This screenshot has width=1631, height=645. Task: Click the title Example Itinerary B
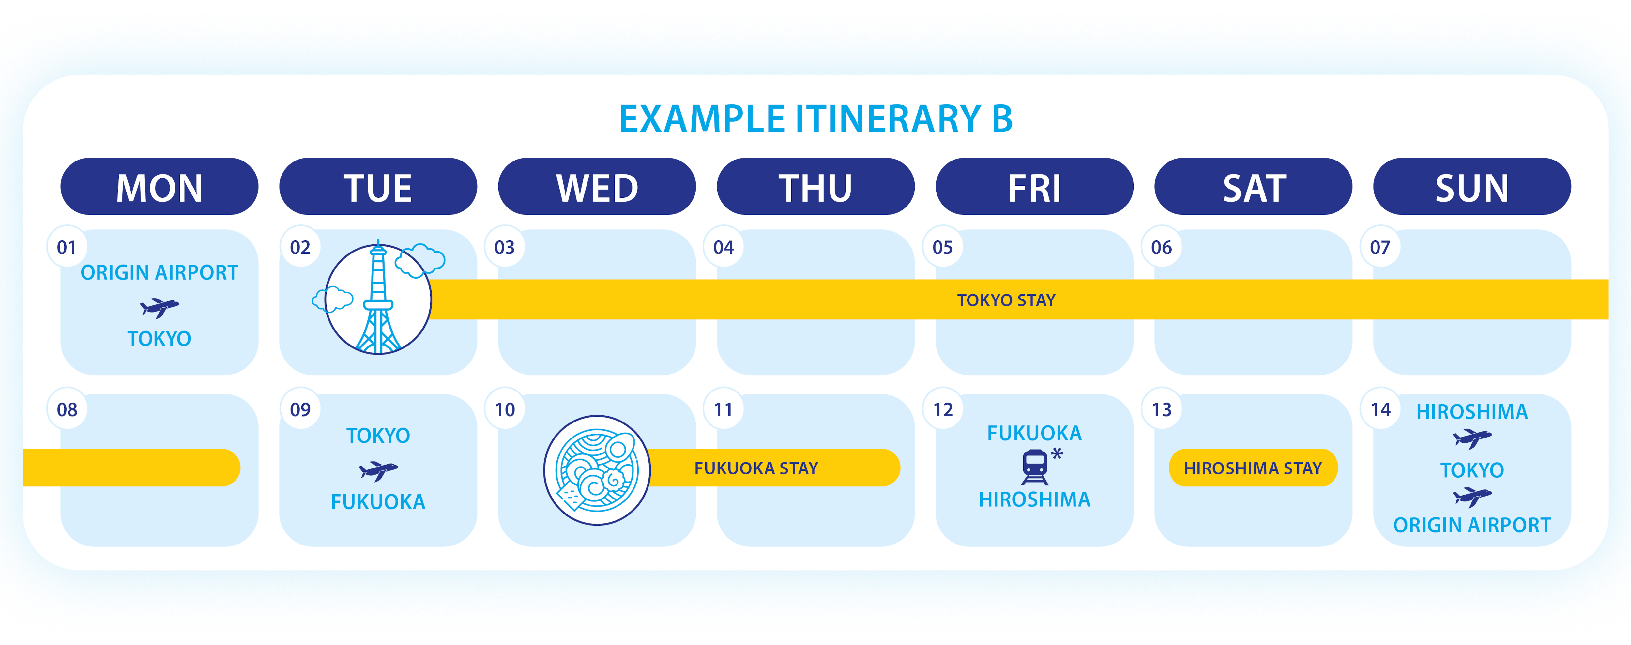pyautogui.click(x=815, y=119)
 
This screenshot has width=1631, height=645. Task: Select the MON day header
pyautogui.click(x=159, y=187)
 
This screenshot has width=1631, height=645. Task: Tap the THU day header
pyautogui.click(x=815, y=187)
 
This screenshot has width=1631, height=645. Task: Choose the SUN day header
pyautogui.click(x=1472, y=187)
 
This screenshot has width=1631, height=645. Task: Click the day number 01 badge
pyautogui.click(x=67, y=247)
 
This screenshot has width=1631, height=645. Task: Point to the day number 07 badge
pyautogui.click(x=1380, y=247)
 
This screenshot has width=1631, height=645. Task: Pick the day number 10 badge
pyautogui.click(x=505, y=409)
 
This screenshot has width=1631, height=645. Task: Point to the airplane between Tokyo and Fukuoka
pyautogui.click(x=378, y=470)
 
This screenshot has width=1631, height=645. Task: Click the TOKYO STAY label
pyautogui.click(x=1006, y=300)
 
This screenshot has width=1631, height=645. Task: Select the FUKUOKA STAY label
pyautogui.click(x=756, y=468)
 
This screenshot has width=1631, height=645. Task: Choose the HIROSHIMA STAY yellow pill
pyautogui.click(x=1253, y=468)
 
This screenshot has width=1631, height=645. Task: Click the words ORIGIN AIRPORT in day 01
pyautogui.click(x=159, y=273)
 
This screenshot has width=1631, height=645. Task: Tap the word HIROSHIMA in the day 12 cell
pyautogui.click(x=1035, y=499)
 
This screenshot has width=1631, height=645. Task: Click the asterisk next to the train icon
pyautogui.click(x=1057, y=453)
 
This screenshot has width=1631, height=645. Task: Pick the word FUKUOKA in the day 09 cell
pyautogui.click(x=378, y=502)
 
